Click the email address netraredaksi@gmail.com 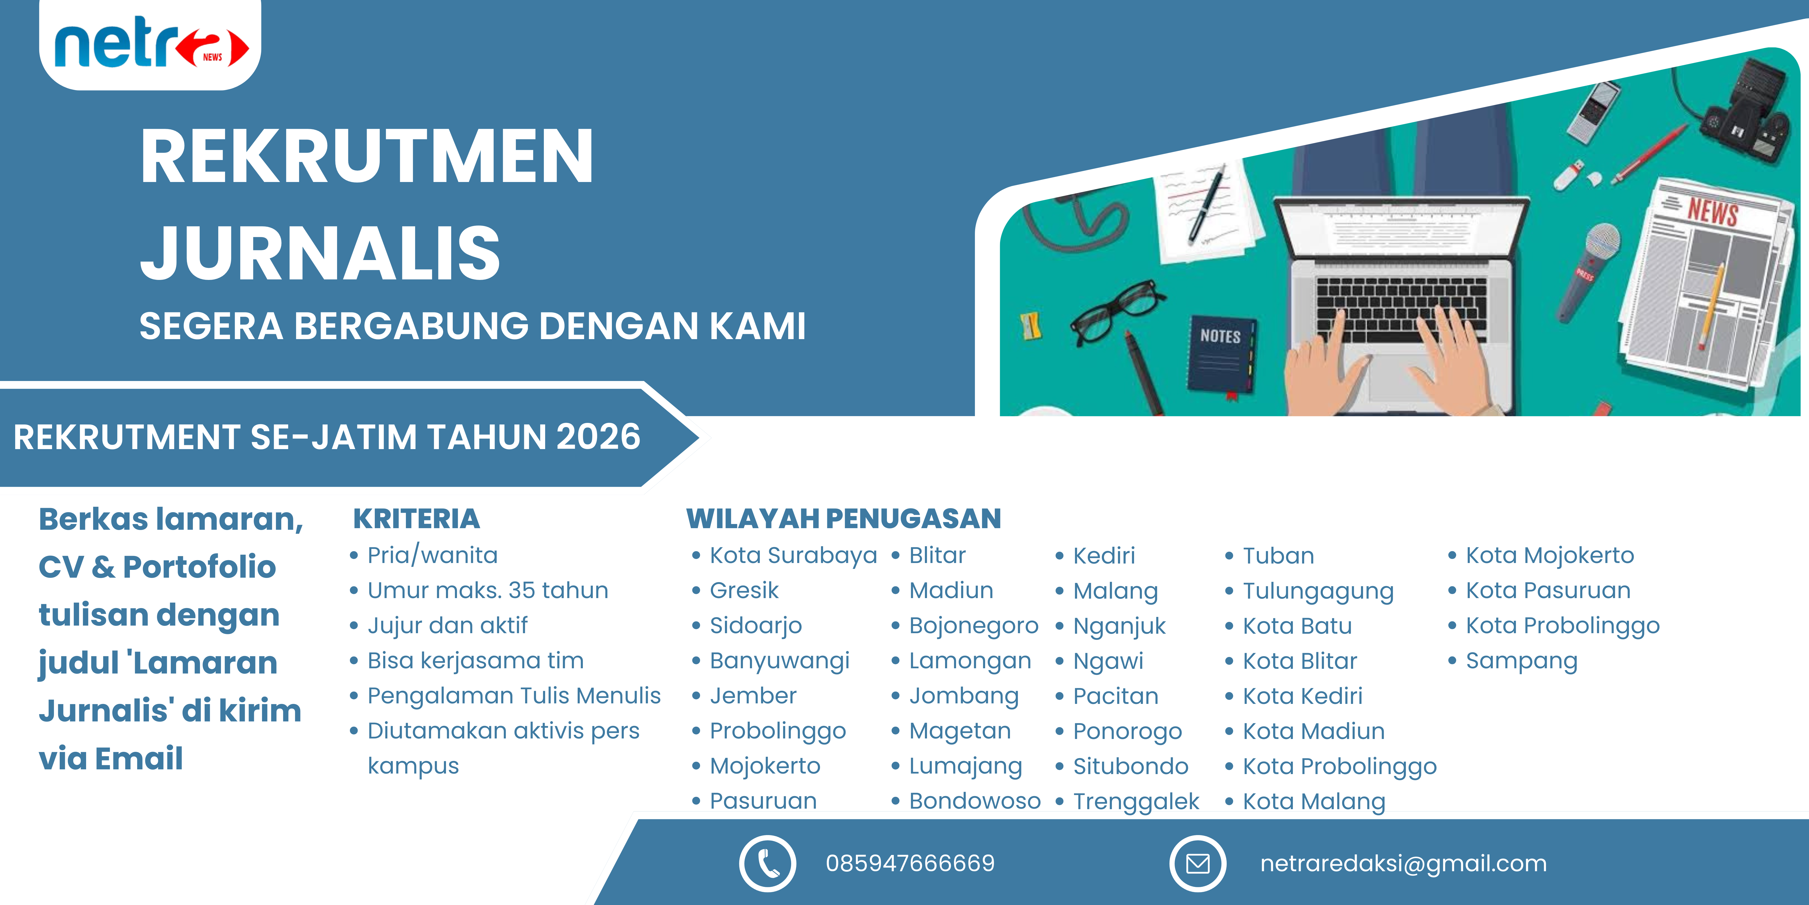(x=1403, y=864)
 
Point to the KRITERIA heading (x=416, y=518)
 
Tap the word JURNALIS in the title (x=320, y=253)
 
